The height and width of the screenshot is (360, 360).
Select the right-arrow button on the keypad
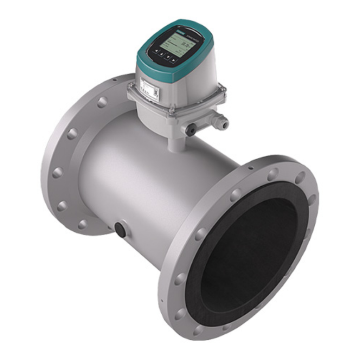coord(173,60)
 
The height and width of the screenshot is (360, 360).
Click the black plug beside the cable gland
coord(191,130)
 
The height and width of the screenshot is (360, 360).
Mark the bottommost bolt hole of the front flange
coord(199,330)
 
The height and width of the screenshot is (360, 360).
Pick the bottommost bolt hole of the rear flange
coord(83,224)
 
